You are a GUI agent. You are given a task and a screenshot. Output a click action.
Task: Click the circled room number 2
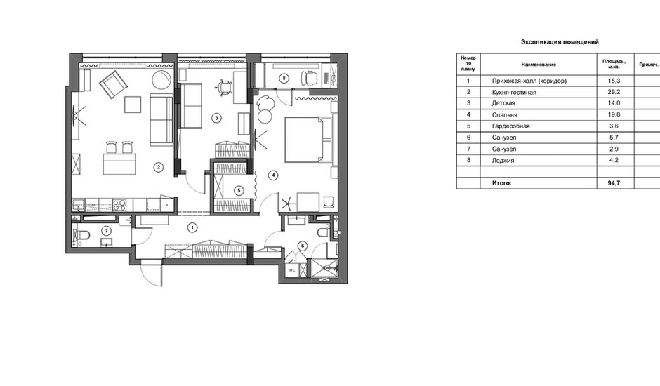click(158, 167)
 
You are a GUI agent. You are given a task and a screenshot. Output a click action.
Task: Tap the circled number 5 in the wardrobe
click(239, 191)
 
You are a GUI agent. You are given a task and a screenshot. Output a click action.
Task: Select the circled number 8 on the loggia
click(284, 78)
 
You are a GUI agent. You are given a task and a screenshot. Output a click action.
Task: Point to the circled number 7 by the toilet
click(107, 231)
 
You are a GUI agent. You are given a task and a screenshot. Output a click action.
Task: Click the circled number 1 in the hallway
click(192, 228)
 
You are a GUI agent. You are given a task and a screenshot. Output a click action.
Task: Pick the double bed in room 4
click(309, 140)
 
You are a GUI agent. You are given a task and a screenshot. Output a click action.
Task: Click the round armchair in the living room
click(161, 79)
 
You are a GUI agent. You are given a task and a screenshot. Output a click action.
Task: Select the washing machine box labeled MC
click(292, 270)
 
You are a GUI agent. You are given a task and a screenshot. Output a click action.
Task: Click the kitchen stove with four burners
click(119, 205)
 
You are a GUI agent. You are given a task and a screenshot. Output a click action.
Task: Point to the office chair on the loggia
click(309, 79)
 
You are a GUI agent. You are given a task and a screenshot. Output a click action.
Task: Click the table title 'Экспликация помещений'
click(560, 41)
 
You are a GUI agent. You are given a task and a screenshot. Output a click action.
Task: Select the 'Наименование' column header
click(539, 65)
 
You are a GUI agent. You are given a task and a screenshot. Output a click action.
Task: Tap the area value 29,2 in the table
click(614, 92)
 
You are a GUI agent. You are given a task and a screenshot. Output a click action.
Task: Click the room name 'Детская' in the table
click(503, 103)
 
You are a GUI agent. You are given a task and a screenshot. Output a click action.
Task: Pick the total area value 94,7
click(614, 183)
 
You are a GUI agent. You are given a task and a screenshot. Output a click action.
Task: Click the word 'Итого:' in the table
click(502, 183)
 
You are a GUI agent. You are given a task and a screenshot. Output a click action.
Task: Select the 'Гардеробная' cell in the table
click(511, 126)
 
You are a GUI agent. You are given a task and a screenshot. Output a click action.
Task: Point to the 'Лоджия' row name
click(503, 161)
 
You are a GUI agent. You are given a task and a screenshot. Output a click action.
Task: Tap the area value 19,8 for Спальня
click(614, 114)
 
